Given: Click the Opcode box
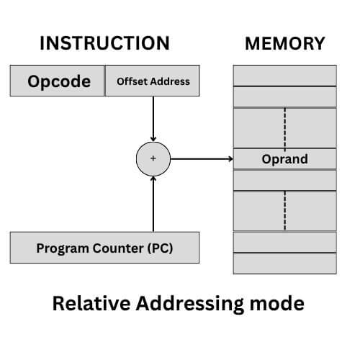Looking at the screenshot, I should point(58,81).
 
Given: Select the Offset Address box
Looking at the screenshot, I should point(153,81).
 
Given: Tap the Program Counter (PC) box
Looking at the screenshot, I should point(104,248).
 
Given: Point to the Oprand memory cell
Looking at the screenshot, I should point(284,158).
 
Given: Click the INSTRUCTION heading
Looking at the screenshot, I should point(104,43).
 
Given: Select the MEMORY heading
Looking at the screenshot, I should point(284,43).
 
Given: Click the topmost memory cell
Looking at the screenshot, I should point(284,75).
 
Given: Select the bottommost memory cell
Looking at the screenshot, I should point(284,264).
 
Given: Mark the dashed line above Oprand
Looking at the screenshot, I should point(284,127).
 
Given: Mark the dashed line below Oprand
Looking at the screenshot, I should point(284,210).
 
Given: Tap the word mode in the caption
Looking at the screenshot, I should point(278,304).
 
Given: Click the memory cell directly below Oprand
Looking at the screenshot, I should point(284,180).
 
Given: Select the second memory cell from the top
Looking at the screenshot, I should point(284,96).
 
